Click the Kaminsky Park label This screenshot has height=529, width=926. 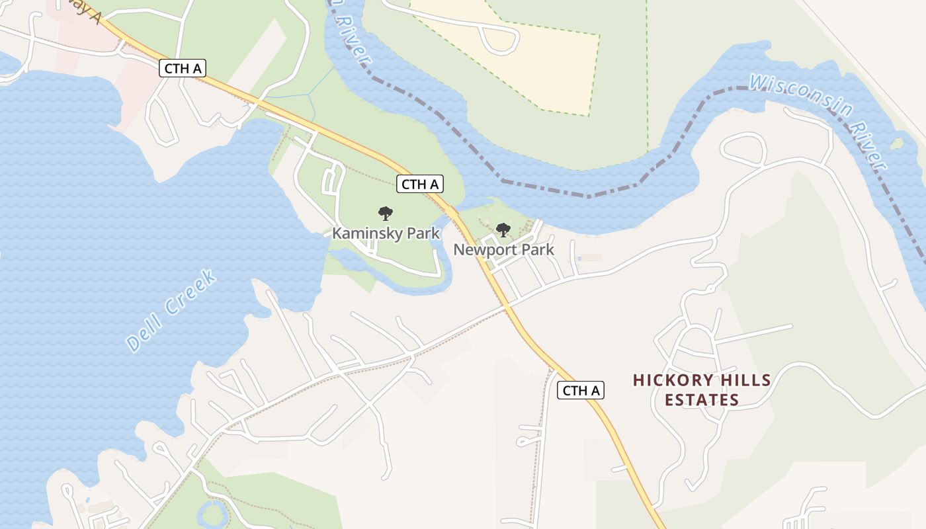coord(386,233)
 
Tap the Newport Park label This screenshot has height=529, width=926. coord(503,250)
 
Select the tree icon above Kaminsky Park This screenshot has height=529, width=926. coord(386,214)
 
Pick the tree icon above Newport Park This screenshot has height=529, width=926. coord(503,230)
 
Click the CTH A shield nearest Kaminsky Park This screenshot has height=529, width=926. coord(420,184)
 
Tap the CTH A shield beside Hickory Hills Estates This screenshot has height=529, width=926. coord(581,390)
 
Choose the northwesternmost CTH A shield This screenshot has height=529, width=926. coord(183,68)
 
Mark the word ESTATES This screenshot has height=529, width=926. coord(702,400)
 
